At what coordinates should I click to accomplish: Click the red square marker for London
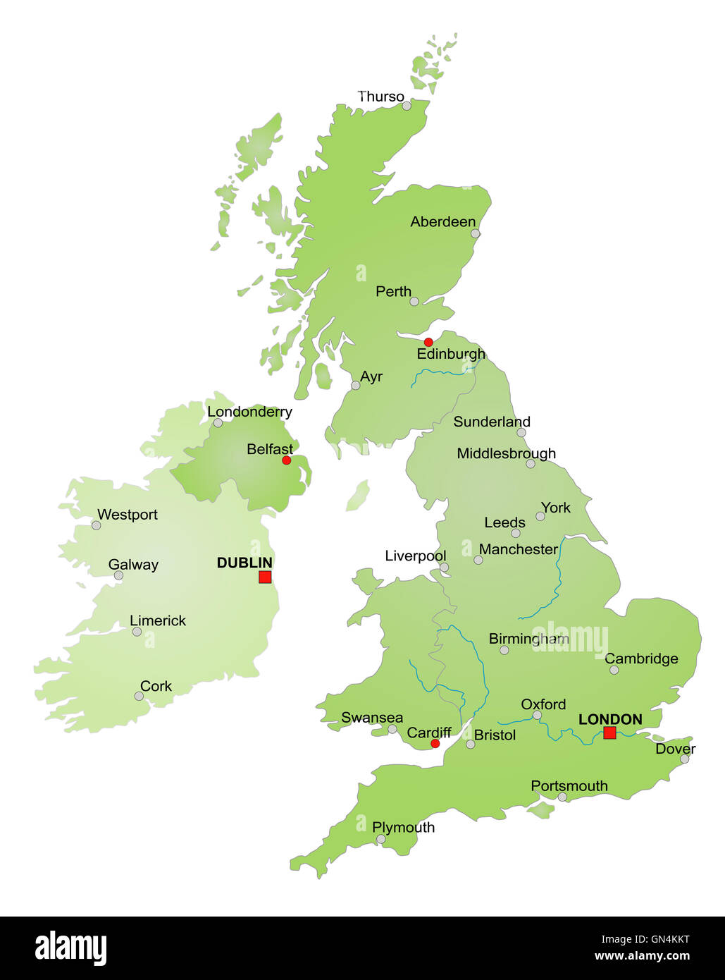609,733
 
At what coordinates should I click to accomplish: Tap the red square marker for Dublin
265,577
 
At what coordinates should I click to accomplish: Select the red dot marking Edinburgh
428,342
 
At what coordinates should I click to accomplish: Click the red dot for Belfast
286,460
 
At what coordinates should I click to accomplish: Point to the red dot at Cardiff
435,744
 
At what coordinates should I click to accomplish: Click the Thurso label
380,97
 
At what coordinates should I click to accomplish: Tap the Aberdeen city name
442,221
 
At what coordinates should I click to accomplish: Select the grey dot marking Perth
414,302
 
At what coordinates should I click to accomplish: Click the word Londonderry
249,412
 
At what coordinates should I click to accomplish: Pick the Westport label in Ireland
127,515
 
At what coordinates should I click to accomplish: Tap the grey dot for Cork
139,696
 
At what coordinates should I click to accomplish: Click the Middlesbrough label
506,453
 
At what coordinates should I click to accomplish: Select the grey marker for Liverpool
444,567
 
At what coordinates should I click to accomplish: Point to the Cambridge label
641,659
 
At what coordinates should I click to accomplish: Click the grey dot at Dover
684,759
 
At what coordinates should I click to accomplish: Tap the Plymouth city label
403,827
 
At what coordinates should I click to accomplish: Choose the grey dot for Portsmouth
562,797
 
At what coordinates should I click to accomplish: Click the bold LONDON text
610,719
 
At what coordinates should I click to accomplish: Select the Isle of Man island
358,496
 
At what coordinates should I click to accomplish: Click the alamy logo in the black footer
70,948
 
